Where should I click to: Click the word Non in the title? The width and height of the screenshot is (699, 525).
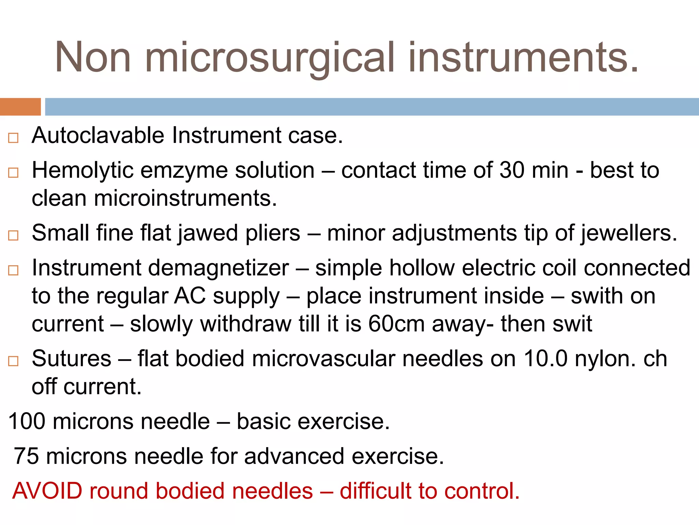[93, 57]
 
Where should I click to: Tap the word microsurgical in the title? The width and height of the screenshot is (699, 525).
[270, 58]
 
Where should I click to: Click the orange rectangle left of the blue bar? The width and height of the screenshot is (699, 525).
[20, 107]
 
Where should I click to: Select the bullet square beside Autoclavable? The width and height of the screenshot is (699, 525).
[13, 138]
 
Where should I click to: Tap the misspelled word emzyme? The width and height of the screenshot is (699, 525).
[184, 171]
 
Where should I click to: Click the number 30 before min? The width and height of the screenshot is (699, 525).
[512, 170]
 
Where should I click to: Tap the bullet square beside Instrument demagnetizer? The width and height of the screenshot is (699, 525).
[13, 270]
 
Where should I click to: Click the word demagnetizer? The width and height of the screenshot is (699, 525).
[218, 268]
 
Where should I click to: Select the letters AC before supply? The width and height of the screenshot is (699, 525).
[190, 296]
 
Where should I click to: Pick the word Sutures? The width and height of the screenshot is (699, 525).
[71, 359]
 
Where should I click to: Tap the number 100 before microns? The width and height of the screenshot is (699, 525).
[27, 421]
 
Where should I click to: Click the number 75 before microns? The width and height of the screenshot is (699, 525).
[26, 456]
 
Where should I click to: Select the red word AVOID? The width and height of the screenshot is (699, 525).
[47, 491]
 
